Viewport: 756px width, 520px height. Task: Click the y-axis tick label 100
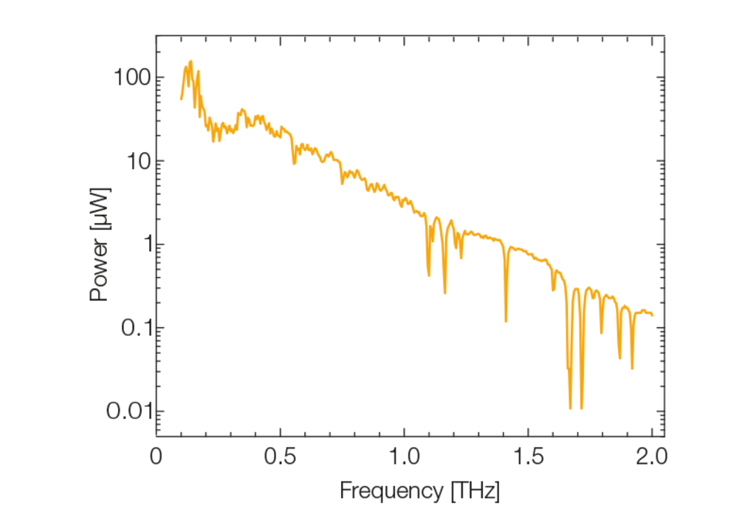coord(133,78)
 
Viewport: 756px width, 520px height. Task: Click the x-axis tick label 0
coord(156,454)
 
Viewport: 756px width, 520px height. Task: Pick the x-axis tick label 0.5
coord(280,454)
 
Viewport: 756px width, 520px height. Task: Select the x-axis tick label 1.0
coord(404,454)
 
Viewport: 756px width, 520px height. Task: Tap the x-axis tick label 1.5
coord(528,454)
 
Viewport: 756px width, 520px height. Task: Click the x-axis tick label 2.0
coord(652,454)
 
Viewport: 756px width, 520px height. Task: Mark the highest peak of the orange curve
coord(190,61)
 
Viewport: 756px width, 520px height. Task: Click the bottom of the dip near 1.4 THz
coord(506,321)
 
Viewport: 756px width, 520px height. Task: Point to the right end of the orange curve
coord(653,315)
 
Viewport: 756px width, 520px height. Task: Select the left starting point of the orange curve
coord(181,99)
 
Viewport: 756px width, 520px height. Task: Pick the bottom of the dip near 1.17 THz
coord(444,293)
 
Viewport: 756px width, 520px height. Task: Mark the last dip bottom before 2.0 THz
coord(632,368)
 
